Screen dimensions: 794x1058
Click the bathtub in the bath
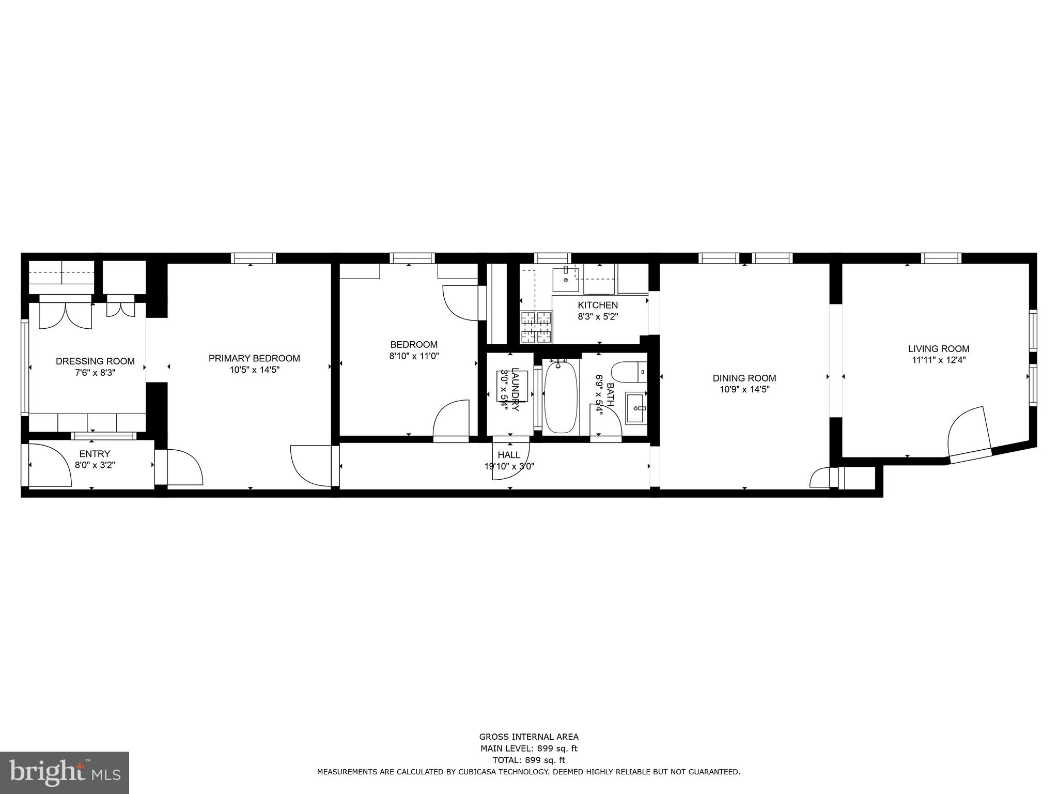[x=561, y=397]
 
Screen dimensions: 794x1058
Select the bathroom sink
[x=636, y=408]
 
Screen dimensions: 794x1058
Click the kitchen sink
[x=566, y=279]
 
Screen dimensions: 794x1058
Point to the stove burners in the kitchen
[x=536, y=327]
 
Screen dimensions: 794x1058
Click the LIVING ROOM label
[x=939, y=349]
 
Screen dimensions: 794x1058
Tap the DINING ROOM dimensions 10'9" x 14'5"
[x=744, y=390]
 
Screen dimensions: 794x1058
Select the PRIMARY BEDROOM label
[x=254, y=358]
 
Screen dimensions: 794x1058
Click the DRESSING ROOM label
[x=95, y=361]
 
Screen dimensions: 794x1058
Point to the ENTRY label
[x=95, y=454]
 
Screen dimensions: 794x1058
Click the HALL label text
[x=509, y=455]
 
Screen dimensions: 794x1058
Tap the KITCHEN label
[x=598, y=306]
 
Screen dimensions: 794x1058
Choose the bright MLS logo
[x=64, y=772]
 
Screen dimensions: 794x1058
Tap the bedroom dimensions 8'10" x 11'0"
[x=414, y=356]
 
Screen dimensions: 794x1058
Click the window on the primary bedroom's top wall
[x=253, y=258]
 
